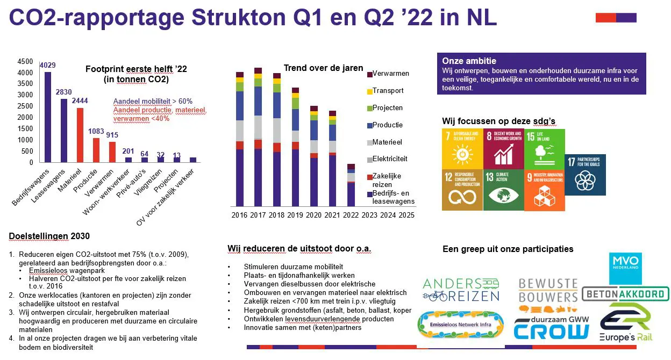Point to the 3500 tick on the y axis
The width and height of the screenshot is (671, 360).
coord(25,84)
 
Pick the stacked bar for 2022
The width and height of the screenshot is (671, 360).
coord(351,185)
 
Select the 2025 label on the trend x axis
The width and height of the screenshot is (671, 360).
coord(406,215)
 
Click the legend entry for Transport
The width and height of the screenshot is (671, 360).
coord(388,91)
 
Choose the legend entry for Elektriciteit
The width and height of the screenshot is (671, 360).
coord(390,159)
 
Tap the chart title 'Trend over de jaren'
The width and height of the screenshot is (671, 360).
coord(323,68)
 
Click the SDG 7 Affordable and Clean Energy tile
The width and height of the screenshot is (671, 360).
coord(461,148)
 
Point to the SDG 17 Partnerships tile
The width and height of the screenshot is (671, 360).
coord(585,175)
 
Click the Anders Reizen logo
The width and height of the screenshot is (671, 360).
coord(461,290)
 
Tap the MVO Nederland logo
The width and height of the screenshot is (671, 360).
coord(625,268)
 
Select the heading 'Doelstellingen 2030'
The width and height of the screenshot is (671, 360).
coord(49,236)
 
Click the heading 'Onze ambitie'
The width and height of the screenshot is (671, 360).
coord(469,61)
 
